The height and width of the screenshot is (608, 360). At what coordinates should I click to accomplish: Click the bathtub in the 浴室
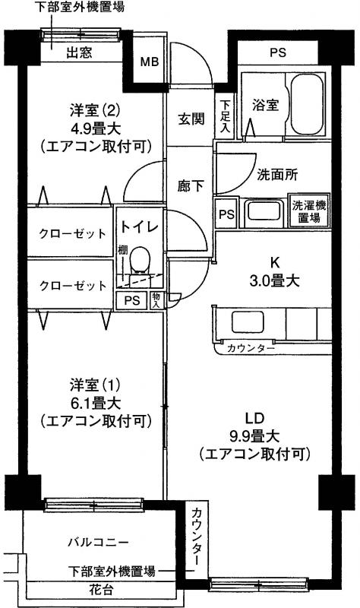coord(307,104)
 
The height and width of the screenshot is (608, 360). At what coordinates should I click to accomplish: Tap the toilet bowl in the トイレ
coord(141,261)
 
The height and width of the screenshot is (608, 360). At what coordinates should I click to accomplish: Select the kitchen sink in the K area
coord(248,322)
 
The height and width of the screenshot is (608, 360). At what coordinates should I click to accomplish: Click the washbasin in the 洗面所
coord(264,211)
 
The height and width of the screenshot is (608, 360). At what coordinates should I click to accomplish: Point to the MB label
coord(149,62)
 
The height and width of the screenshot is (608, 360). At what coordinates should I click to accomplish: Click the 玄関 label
coord(191,119)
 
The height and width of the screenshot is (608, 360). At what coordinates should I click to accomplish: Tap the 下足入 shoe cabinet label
coord(225,117)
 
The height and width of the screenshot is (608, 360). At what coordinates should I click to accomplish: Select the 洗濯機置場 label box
coord(309,211)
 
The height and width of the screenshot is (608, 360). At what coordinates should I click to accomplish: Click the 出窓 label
coord(79,52)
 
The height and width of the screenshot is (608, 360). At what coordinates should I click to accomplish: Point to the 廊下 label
coord(191,186)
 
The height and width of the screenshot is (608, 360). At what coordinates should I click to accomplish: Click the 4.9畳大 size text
coord(96,128)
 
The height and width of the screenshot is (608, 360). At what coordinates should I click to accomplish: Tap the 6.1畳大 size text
coord(96,404)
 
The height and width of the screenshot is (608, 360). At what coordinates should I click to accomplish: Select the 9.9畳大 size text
coord(254,436)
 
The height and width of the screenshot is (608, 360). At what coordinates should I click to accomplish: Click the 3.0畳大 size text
coord(274,280)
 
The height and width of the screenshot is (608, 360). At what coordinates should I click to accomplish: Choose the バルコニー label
coord(98,542)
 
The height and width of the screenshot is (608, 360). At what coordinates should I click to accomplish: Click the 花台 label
coord(101,590)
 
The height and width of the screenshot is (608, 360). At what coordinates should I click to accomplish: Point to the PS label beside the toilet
coord(131,300)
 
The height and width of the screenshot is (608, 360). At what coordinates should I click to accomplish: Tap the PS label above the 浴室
coord(278,52)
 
